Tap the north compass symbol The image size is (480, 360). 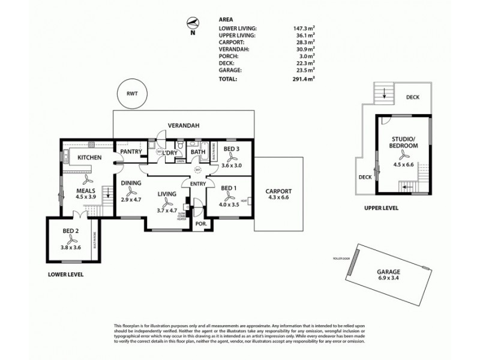click(193, 24)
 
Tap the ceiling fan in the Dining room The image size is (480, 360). click(131, 193)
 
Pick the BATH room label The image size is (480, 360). click(198, 152)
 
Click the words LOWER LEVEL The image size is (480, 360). click(66, 274)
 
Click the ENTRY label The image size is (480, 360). click(199, 184)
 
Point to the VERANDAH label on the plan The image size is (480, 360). click(184, 125)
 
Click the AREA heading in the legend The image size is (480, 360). click(226, 19)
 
